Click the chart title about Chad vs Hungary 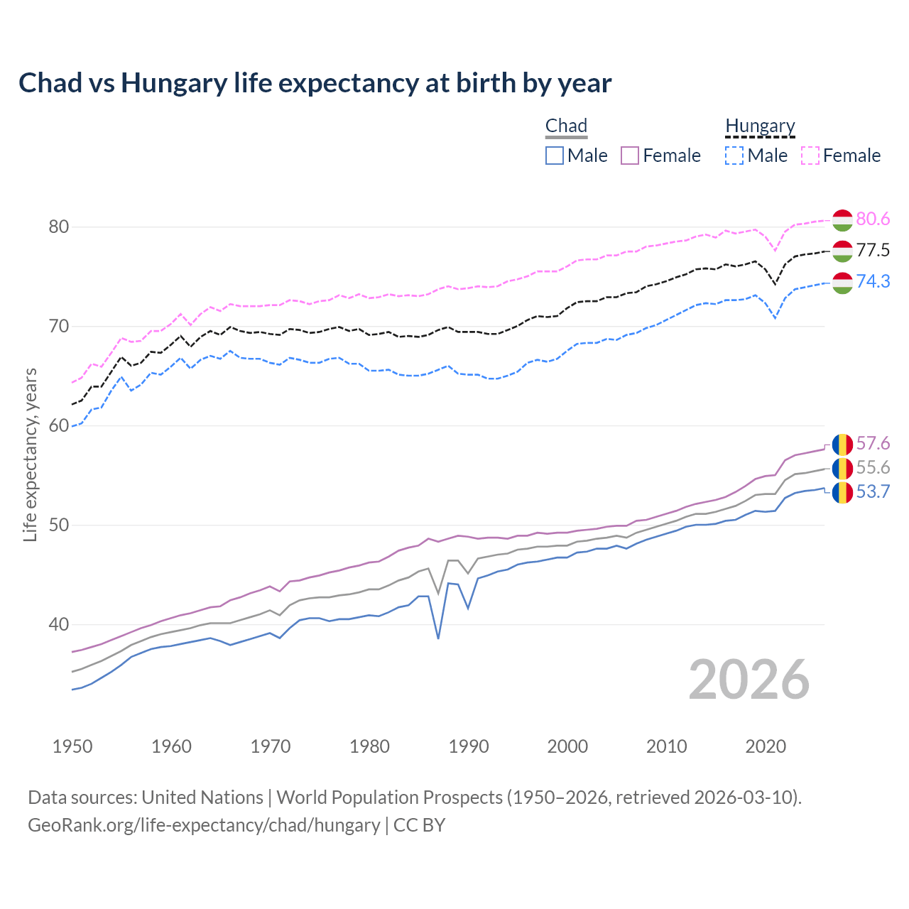tap(315, 83)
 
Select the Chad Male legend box tap(555, 156)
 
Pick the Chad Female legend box tap(630, 156)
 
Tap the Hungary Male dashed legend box tap(734, 156)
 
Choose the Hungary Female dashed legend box tap(810, 156)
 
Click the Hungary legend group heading tap(760, 126)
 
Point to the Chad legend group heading tap(566, 126)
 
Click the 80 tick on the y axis tap(58, 227)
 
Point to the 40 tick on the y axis tap(58, 625)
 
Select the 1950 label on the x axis tap(72, 746)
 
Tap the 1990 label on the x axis tap(469, 746)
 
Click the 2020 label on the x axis tap(766, 746)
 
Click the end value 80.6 tap(873, 219)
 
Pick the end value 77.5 tap(873, 251)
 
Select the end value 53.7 tap(873, 492)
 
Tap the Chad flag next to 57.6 tap(842, 444)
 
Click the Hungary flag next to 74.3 tap(842, 282)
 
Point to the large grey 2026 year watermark tap(749, 680)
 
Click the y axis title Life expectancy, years tap(31, 454)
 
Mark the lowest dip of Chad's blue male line tap(438, 638)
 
